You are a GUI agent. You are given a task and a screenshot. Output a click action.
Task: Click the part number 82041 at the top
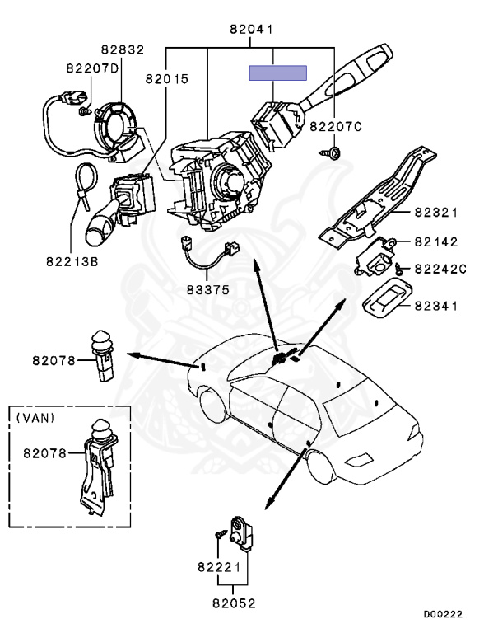251,30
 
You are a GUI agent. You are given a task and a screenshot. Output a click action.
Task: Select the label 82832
123,50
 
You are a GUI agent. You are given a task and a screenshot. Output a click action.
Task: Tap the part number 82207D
91,69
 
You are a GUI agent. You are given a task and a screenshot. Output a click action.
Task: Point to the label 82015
167,80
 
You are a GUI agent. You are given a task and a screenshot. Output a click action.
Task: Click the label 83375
207,290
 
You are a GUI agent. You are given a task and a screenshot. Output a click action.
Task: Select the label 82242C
440,269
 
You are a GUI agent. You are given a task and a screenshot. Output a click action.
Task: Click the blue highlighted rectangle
279,73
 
